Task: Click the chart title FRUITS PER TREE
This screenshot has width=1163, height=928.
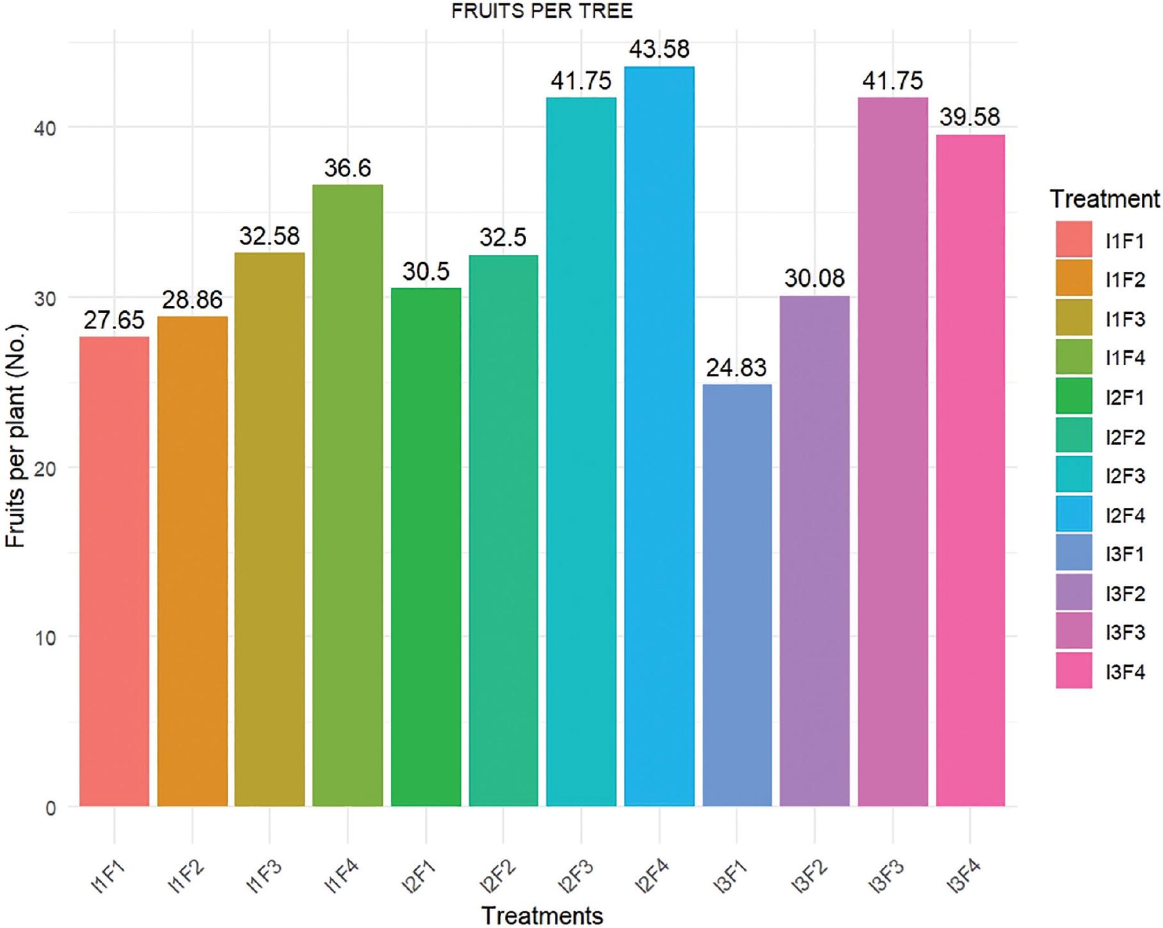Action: click(541, 12)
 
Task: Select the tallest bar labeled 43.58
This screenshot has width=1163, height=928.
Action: click(659, 436)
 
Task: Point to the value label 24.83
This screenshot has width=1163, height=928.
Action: click(736, 368)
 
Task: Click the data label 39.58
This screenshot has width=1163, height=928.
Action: click(970, 117)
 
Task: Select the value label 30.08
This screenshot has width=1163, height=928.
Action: click(814, 278)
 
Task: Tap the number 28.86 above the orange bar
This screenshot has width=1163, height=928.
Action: click(192, 300)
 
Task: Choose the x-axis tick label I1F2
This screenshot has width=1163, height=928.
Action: click(188, 875)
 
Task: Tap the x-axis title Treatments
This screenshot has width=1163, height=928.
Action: click(541, 915)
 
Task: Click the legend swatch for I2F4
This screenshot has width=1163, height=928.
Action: click(1073, 514)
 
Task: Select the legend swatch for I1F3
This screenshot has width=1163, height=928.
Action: click(1073, 318)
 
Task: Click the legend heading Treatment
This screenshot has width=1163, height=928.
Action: click(1104, 199)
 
